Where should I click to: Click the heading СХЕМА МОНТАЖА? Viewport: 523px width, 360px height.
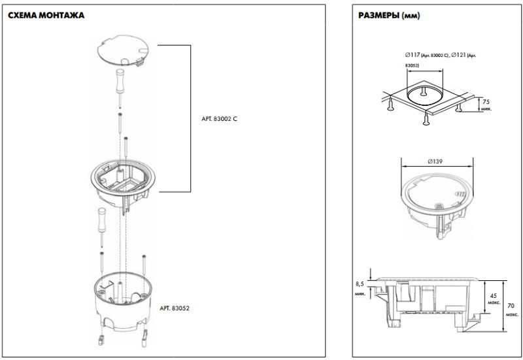(46, 14)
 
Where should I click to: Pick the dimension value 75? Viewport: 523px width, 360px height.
(486, 102)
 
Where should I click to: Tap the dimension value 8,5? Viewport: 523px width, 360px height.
(360, 284)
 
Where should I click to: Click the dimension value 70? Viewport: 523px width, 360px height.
(511, 304)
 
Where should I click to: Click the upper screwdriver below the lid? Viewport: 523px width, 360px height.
(122, 81)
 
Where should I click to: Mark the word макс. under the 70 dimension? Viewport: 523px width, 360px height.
(511, 314)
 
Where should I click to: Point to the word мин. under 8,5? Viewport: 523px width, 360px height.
(360, 295)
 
